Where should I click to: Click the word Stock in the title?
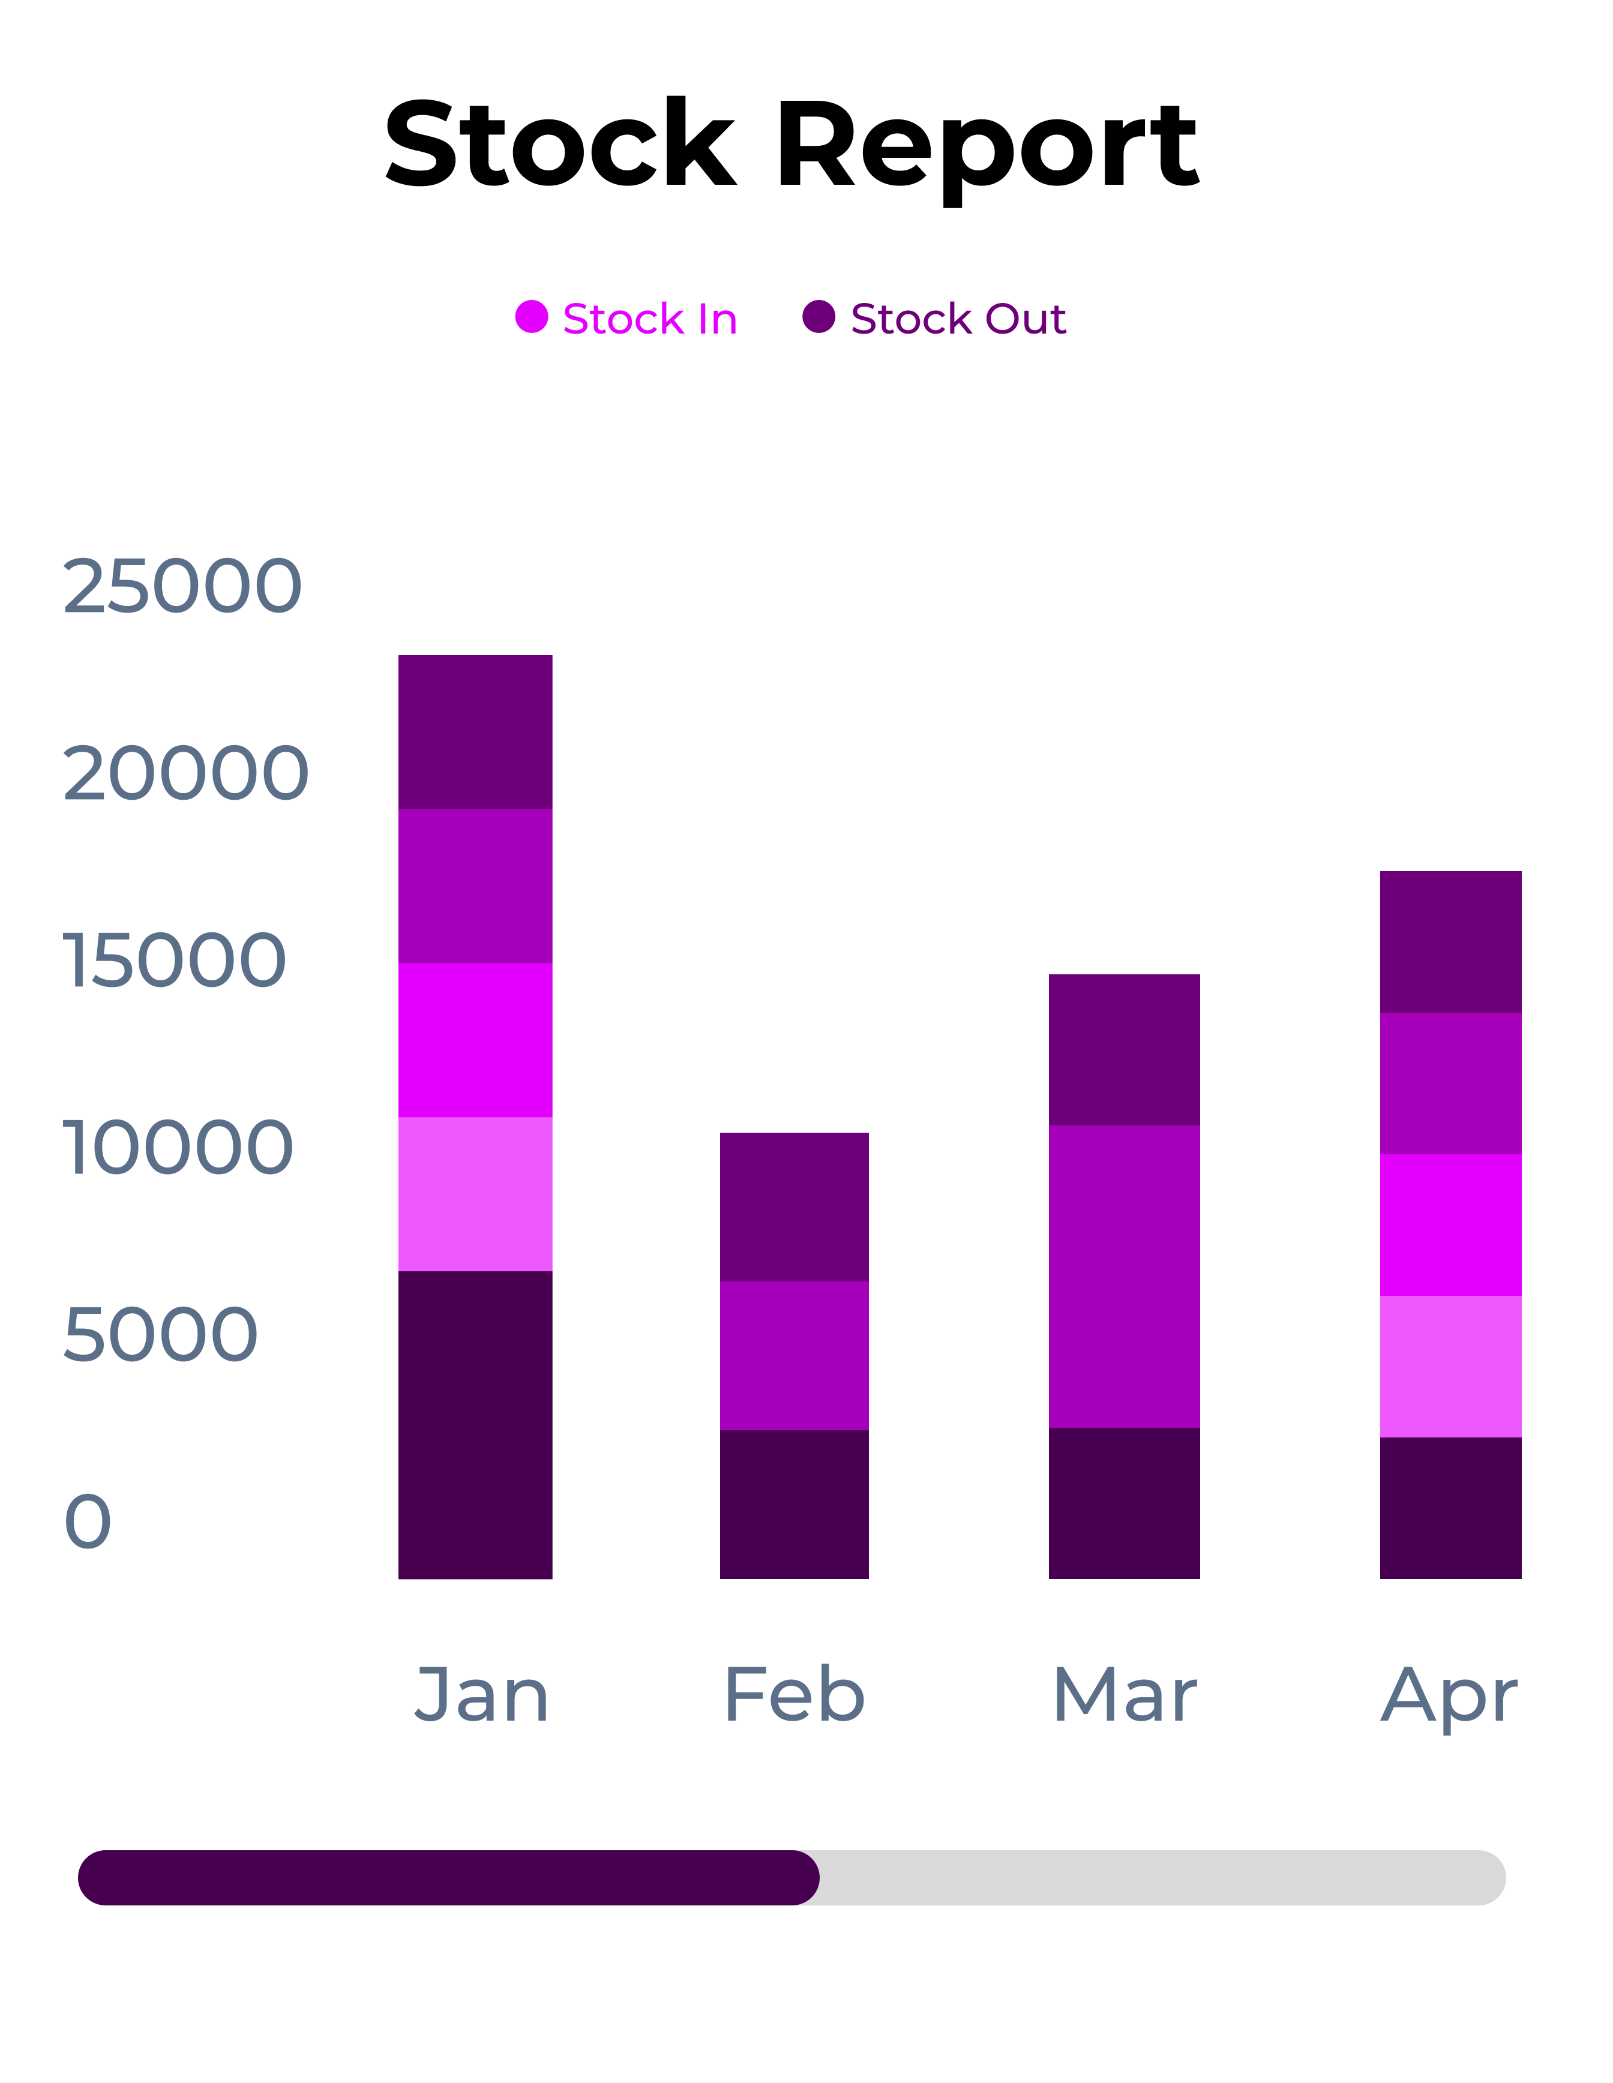[560, 145]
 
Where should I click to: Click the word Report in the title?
[987, 148]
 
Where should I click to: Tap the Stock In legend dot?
[531, 317]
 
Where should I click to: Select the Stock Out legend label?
[958, 319]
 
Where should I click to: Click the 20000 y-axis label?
[185, 773]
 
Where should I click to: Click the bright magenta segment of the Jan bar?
[475, 1040]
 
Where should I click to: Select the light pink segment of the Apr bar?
[1450, 1366]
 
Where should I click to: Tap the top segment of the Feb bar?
[794, 1206]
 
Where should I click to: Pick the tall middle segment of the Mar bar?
[1124, 1276]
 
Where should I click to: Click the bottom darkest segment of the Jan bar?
[475, 1425]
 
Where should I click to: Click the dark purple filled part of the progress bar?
[448, 1878]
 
